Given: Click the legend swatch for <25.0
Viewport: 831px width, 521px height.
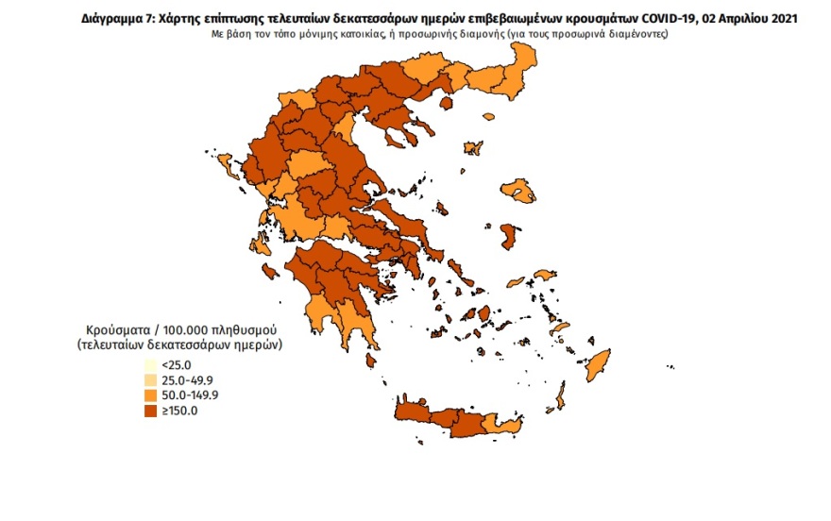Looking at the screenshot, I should tap(150, 365).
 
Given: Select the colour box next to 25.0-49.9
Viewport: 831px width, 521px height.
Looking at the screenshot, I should tap(150, 380).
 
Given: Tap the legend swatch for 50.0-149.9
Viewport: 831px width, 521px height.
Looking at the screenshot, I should tap(150, 395).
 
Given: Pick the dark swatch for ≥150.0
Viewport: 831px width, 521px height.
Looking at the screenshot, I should tap(150, 411).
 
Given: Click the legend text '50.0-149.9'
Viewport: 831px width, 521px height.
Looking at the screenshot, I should tap(189, 395).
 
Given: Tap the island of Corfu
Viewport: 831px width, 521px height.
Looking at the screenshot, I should tap(227, 168).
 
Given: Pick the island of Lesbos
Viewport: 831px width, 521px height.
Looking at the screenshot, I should tap(518, 193).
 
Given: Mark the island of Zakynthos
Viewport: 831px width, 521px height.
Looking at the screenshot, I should tap(270, 273).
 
